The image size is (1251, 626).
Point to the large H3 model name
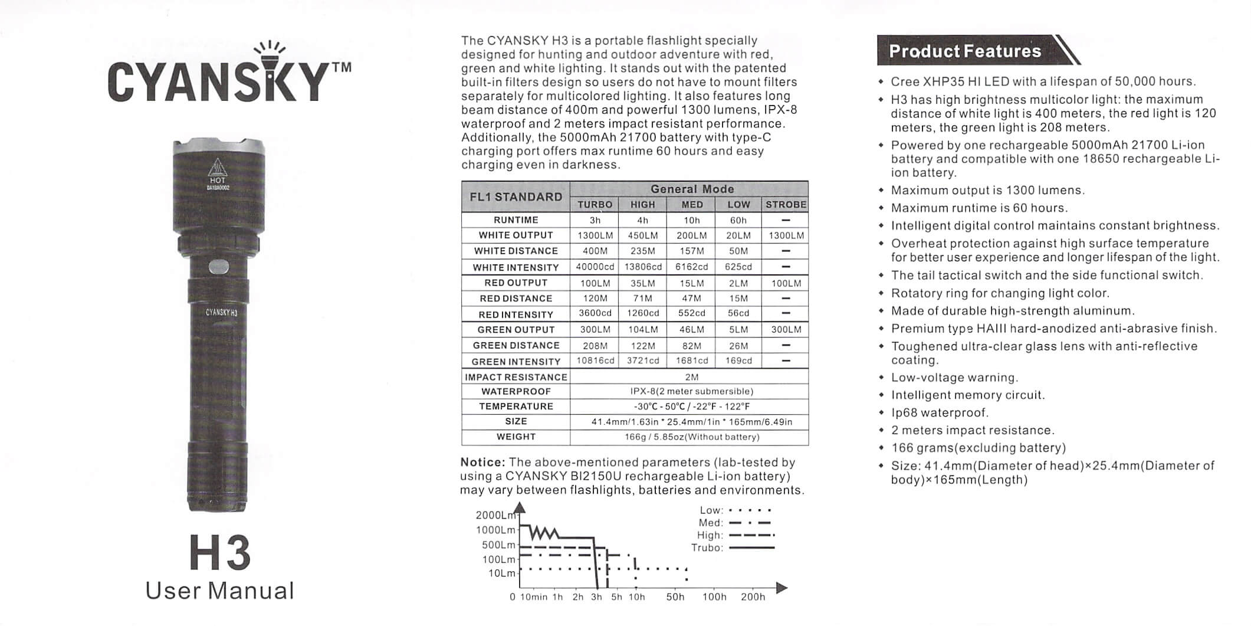[x=220, y=553]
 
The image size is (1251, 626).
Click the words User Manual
[x=219, y=591]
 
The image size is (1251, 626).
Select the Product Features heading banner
[x=965, y=51]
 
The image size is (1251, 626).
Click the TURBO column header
[x=595, y=205]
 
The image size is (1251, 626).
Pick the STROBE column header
[x=786, y=205]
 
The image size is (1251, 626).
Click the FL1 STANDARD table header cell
[x=516, y=197]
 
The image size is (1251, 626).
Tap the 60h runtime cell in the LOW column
[x=738, y=220]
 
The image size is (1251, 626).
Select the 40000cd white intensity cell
[x=595, y=267]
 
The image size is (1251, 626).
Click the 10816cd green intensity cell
[x=595, y=360]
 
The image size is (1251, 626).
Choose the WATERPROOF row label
[x=516, y=391]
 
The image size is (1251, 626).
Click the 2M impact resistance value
[x=691, y=377]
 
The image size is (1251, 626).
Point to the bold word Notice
[x=482, y=462]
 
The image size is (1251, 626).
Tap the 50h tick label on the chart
[x=675, y=597]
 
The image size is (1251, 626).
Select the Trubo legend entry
[x=707, y=548]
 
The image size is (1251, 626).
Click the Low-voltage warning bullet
[x=954, y=378]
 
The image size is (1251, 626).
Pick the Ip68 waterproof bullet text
[x=940, y=412]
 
